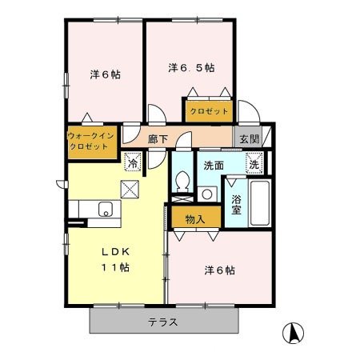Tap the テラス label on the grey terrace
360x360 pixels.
pos(162,322)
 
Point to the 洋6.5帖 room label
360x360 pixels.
pos(191,68)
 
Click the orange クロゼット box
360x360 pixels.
pos(207,111)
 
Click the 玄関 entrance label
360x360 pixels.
pos(249,138)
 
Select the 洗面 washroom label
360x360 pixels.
pos(214,166)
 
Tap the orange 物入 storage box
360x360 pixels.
pos(194,218)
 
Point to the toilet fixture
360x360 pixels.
pos(182,183)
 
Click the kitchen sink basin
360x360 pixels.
pos(105,210)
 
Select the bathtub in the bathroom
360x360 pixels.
pos(259,203)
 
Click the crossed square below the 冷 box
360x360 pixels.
pos(130,190)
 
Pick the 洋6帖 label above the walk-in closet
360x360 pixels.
pos(103,75)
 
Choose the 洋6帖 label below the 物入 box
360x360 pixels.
pos(218,270)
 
